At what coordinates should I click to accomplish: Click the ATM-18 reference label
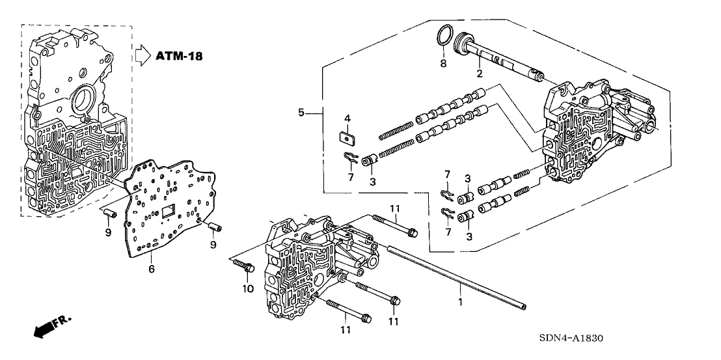(x=179, y=56)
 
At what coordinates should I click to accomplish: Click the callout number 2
(x=480, y=74)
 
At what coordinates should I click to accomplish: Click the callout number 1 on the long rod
(x=461, y=302)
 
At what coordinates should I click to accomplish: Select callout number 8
(x=442, y=64)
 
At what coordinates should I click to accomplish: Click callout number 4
(x=347, y=118)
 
